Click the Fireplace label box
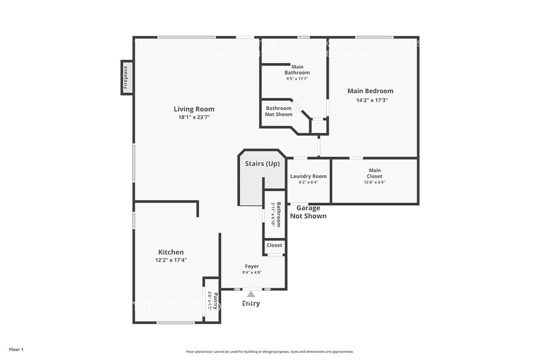(127, 78)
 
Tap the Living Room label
(193, 109)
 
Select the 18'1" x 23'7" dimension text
(193, 117)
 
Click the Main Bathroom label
(297, 69)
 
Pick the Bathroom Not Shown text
(279, 111)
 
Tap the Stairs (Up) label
(262, 164)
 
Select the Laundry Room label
(308, 176)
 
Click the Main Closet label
(374, 173)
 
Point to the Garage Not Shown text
(308, 212)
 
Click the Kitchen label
(171, 252)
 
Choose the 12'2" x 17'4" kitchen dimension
(171, 260)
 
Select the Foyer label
(252, 266)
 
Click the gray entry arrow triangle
(251, 294)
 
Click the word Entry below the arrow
(251, 304)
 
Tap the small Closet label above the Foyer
(274, 245)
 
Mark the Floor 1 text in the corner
(16, 349)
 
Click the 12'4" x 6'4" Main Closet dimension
(374, 182)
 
